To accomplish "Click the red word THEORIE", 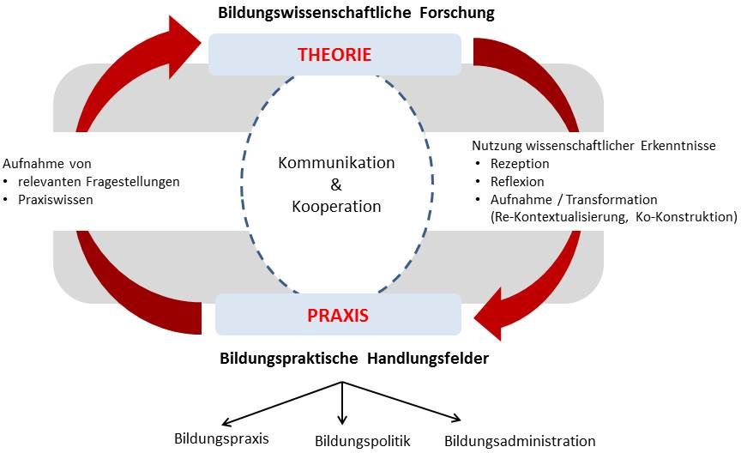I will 334,55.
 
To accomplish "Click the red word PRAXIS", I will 338,315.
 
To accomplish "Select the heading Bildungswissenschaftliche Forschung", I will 355,13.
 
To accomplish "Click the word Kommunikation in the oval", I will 336,163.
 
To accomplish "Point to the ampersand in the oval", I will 335,184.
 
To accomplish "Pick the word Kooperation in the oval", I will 336,207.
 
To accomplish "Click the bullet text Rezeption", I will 520,163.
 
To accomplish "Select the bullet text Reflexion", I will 517,181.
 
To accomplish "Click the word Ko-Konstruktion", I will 685,217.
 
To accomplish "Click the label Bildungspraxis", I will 221,438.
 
